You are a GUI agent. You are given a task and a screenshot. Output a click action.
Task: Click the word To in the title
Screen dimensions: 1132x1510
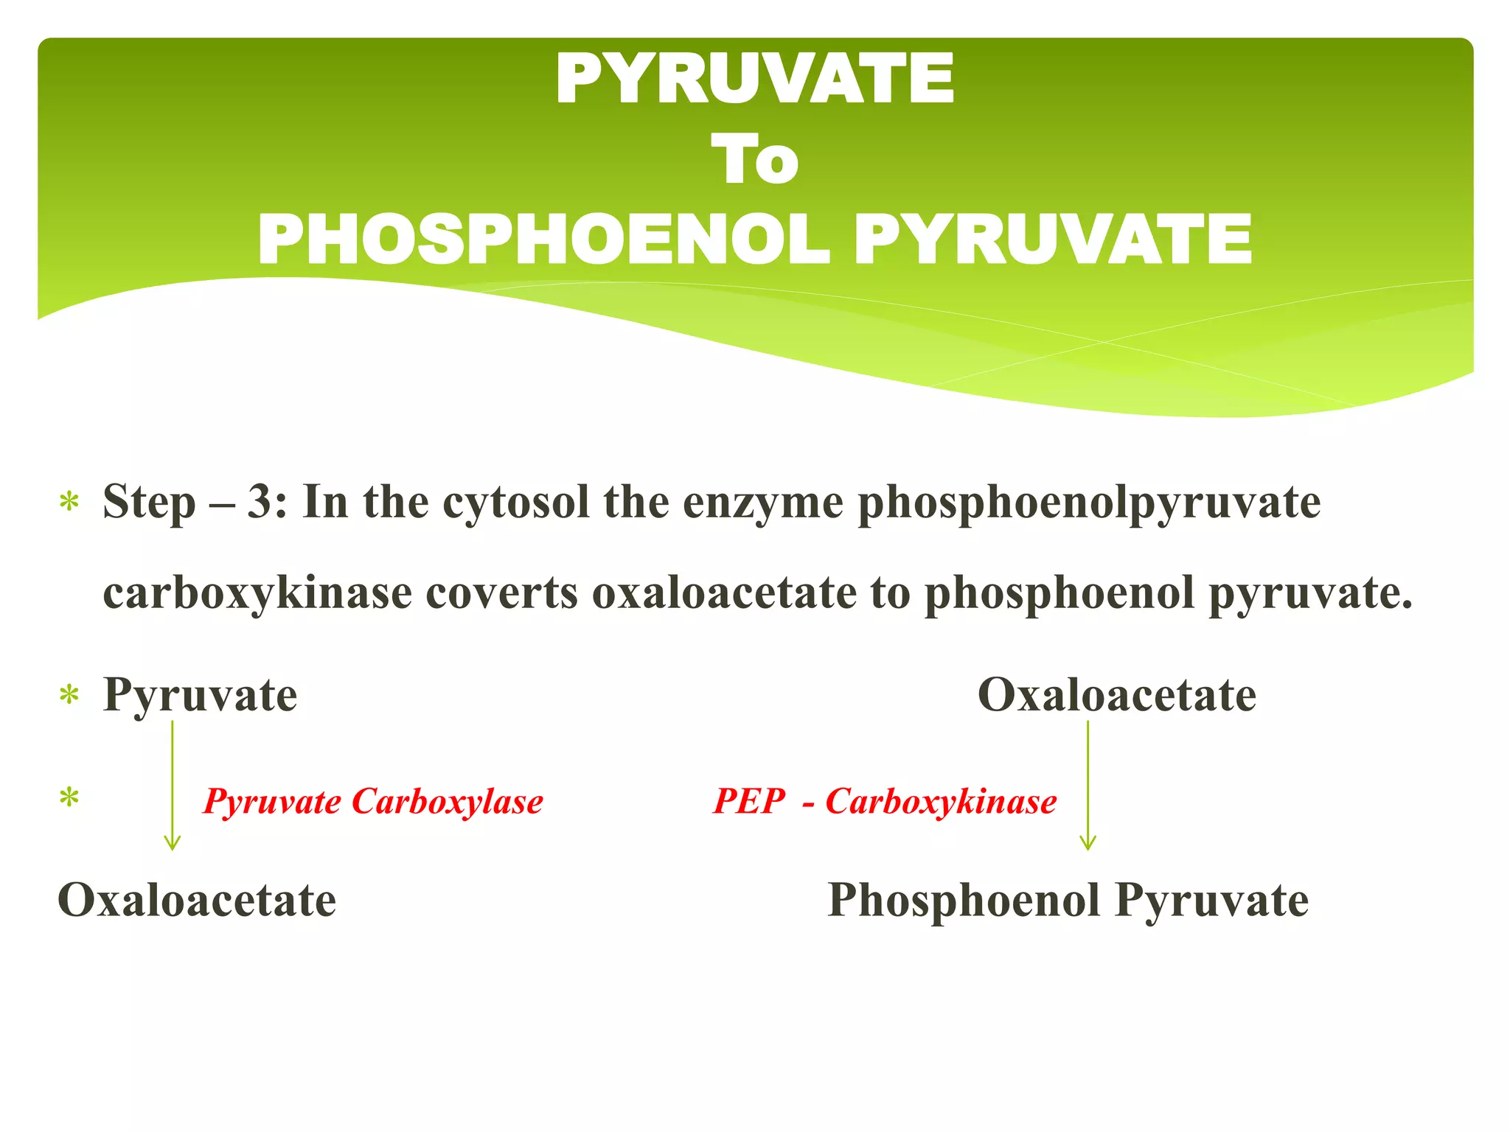point(754,161)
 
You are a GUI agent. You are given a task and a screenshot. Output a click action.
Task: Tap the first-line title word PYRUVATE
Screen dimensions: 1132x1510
point(754,80)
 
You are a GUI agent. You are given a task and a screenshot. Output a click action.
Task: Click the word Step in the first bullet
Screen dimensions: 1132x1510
point(150,503)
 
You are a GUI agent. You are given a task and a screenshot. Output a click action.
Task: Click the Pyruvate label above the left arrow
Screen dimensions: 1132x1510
point(201,695)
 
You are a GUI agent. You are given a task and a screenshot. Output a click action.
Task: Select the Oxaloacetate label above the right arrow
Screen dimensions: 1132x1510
point(1116,695)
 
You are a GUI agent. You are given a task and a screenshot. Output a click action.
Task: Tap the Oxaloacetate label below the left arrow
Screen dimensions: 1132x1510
point(197,901)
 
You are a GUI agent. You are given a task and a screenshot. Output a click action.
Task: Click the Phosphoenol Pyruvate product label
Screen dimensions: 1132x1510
point(1068,901)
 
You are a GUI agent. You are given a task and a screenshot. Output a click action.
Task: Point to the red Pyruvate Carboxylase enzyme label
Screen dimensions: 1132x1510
point(373,802)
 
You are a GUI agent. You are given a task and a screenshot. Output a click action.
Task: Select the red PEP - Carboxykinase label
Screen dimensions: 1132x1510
point(885,802)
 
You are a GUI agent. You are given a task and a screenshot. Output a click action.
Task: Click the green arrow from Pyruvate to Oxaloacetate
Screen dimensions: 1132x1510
point(173,786)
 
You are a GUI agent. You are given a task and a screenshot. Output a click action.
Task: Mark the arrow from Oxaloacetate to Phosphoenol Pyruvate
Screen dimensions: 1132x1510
point(1088,786)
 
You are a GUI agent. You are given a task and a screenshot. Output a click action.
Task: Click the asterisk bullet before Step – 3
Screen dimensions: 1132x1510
point(69,503)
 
